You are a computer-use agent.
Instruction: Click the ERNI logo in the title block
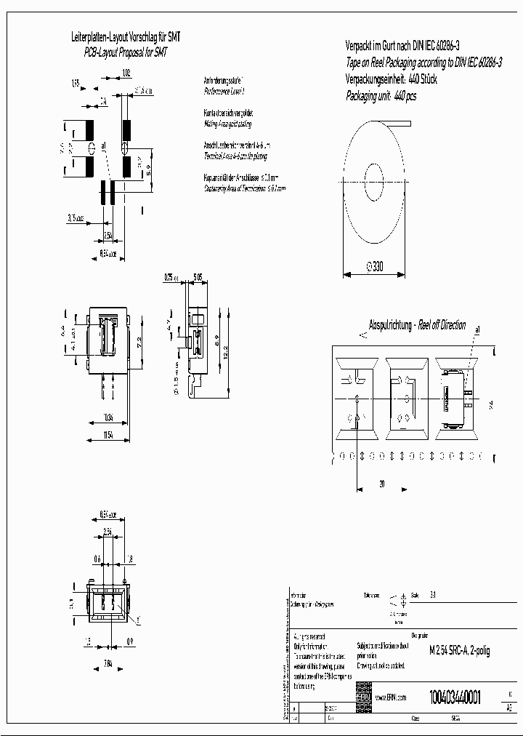tap(363, 697)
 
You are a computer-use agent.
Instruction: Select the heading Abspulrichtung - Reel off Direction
tap(418, 325)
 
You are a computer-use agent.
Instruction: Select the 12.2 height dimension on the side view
tap(226, 351)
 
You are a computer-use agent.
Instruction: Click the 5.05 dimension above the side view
tap(197, 276)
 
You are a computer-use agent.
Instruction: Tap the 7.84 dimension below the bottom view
tap(108, 663)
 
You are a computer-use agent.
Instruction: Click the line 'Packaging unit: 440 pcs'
tap(381, 96)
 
